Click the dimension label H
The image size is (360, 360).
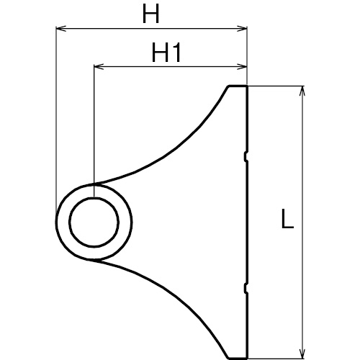coord(150,14)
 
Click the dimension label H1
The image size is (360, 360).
coord(166,53)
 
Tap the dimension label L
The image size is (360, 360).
coord(287,219)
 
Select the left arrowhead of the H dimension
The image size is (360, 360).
coord(60,29)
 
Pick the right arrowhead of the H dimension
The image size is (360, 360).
coord(242,29)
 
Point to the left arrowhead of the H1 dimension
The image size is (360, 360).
coord(99,67)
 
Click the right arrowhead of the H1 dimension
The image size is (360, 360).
coord(242,67)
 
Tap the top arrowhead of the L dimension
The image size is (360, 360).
coord(302,91)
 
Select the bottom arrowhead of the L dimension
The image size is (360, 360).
coord(302,354)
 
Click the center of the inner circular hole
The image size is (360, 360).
coord(94,222)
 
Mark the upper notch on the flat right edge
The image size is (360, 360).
coord(246,156)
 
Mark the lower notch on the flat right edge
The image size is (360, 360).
coord(246,287)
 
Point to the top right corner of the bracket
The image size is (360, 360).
coord(247,86)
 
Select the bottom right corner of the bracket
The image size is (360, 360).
coord(247,358)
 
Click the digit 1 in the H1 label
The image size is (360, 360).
coord(176,53)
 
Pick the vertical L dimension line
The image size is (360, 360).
coord(302,222)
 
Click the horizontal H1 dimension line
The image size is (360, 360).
coord(171,67)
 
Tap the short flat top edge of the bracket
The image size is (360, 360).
coord(238,86)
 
